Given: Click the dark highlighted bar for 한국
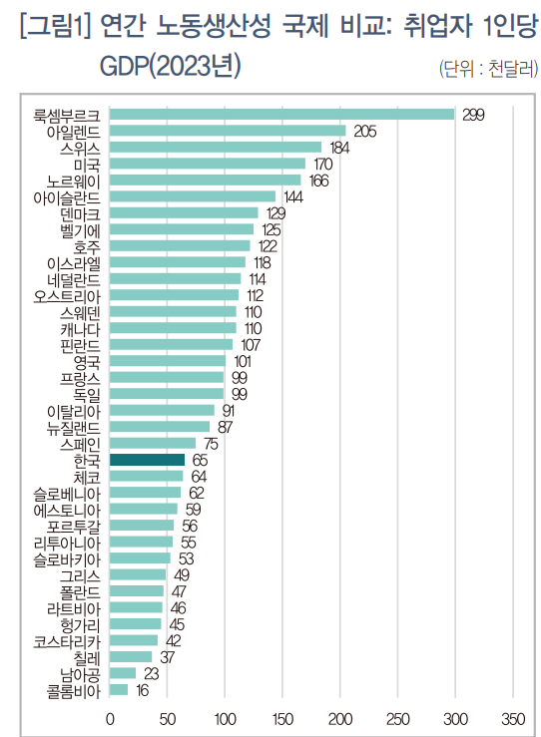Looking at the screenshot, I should pos(147,460).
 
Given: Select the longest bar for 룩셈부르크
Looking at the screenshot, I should pos(281,114).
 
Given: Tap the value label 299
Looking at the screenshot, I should pos(473,115).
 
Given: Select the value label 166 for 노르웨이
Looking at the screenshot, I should pos(319,180).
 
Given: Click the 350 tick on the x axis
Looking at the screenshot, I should pos(513,718).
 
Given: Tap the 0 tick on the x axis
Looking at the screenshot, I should pos(109,718).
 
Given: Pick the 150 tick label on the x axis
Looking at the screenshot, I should pos(282,718).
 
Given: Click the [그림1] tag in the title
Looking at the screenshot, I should pos(52,27).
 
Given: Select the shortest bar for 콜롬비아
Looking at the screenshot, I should pos(119,689).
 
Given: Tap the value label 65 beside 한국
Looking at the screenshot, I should pos(199,460).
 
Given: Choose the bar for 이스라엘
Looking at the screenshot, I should pos(177,262).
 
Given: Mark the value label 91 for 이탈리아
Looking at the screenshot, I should pos(229,410).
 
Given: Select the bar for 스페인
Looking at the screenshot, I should pos(152,443).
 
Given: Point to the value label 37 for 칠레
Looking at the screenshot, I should pos(167,657).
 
